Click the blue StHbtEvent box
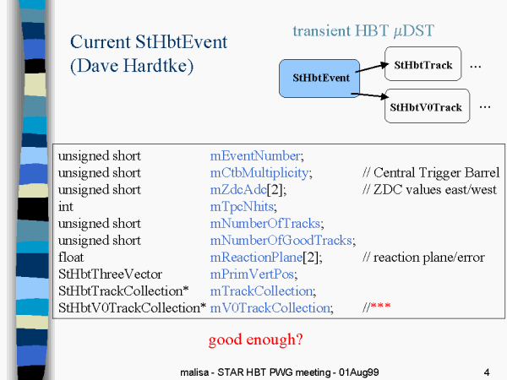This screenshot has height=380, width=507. (x=319, y=79)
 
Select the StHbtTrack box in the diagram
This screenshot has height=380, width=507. (x=423, y=63)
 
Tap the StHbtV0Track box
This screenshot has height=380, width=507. (x=427, y=106)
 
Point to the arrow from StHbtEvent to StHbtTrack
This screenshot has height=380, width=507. (x=372, y=68)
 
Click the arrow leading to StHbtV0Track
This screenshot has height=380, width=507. (x=370, y=95)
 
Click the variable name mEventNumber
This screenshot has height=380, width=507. (x=255, y=156)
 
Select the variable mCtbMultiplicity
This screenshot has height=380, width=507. (x=259, y=173)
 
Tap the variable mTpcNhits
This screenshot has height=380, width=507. (x=242, y=207)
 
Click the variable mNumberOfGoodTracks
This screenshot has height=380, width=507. (x=281, y=241)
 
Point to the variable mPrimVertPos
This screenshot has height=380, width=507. (x=252, y=274)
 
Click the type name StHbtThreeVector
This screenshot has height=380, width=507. (x=110, y=274)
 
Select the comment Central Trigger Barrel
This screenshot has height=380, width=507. (x=437, y=173)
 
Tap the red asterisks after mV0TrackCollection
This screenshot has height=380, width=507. (x=380, y=306)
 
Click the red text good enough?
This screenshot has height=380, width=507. (x=256, y=340)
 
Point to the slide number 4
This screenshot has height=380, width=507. (x=487, y=372)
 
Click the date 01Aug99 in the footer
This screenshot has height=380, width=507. (x=359, y=372)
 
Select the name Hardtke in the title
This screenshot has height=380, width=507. (x=159, y=66)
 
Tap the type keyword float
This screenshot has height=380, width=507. (x=71, y=258)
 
